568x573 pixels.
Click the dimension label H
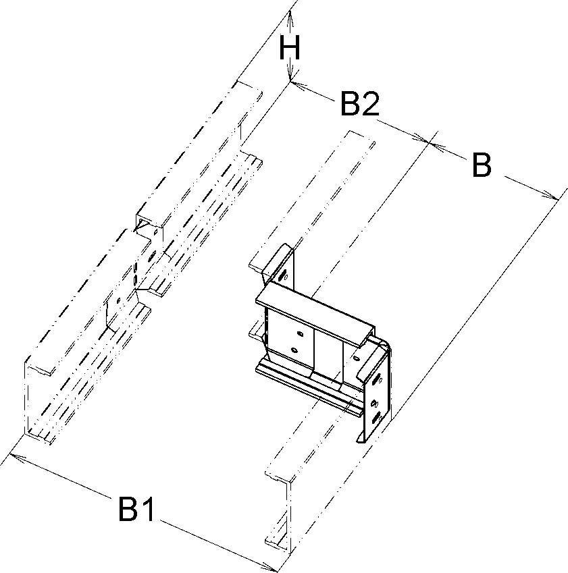[x=290, y=49]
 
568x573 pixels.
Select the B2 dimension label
[x=360, y=104]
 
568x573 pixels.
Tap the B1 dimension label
[x=137, y=510]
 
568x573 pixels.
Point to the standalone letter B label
[x=482, y=165]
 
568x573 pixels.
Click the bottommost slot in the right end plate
[x=377, y=419]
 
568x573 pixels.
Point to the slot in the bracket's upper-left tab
[x=282, y=275]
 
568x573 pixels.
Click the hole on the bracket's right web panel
[x=355, y=358]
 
